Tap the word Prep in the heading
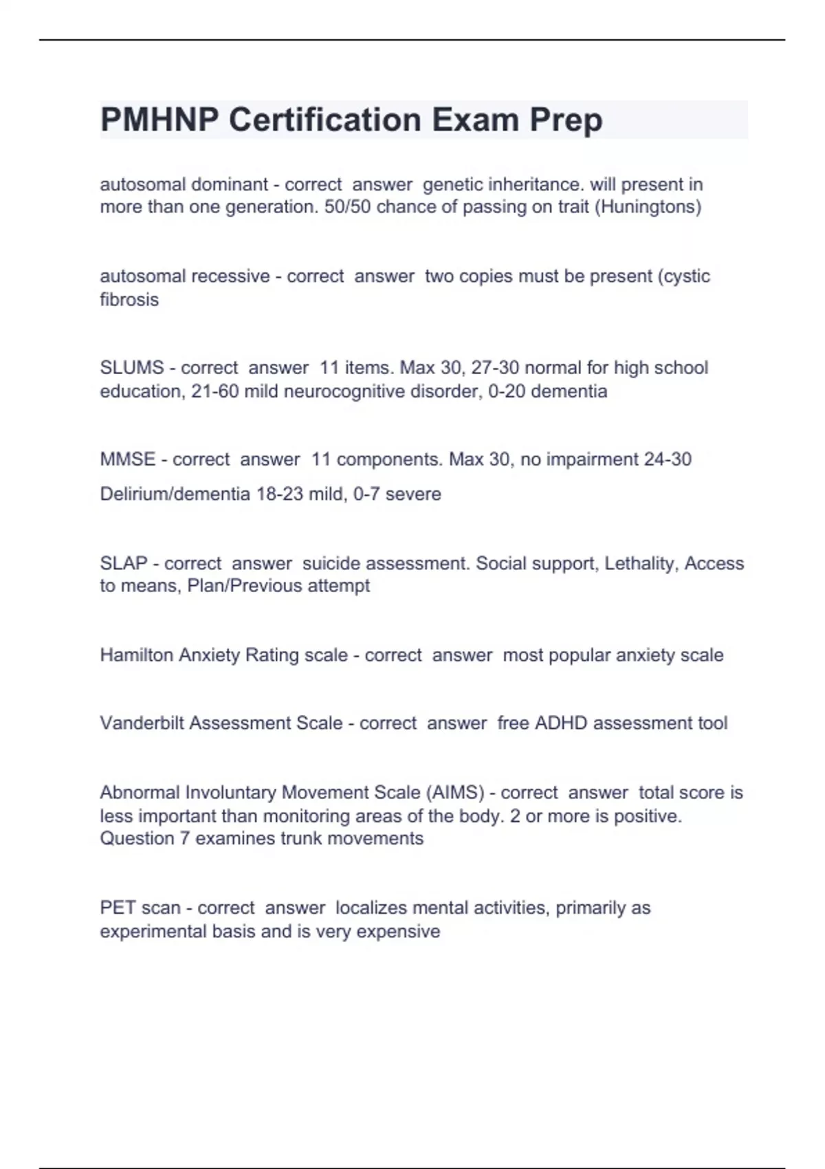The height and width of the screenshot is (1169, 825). click(565, 120)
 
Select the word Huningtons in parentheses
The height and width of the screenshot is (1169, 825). click(647, 207)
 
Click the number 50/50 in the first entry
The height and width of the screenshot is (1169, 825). click(347, 207)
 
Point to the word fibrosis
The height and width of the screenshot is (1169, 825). click(129, 300)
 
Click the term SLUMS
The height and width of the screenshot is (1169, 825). click(132, 368)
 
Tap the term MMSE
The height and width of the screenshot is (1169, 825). click(128, 459)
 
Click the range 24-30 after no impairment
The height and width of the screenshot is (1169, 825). click(668, 459)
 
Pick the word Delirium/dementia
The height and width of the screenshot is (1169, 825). click(175, 494)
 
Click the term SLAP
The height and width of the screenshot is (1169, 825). click(124, 563)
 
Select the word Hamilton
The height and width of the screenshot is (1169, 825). click(137, 655)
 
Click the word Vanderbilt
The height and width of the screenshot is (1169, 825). click(142, 723)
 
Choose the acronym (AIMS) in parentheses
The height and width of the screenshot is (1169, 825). click(455, 793)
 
